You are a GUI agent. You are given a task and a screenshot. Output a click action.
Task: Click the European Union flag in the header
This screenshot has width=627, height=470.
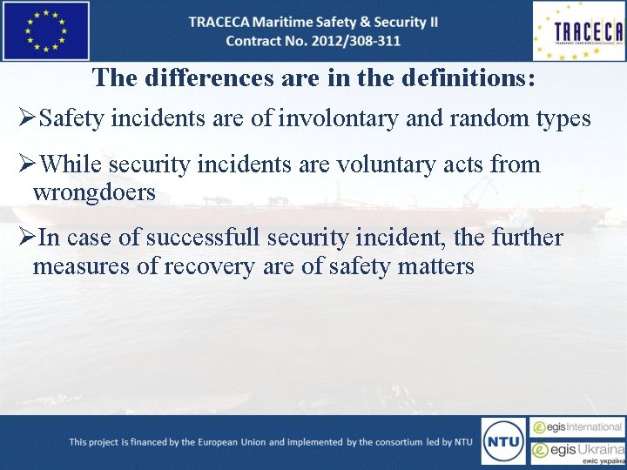pos(46,30)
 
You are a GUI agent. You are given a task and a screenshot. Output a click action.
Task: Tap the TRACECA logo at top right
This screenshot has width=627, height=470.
pos(578,31)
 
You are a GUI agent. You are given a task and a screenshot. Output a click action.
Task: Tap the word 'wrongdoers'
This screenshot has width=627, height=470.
pos(94,192)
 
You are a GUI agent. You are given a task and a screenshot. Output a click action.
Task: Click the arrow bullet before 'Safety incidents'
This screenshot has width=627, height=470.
pos(28,118)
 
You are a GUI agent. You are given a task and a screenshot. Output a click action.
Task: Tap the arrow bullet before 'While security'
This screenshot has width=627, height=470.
pos(28,164)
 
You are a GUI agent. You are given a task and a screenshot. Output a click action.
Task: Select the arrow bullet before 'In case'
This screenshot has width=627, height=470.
pos(28,238)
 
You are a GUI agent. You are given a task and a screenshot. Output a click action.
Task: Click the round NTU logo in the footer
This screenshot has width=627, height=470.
pos(503,442)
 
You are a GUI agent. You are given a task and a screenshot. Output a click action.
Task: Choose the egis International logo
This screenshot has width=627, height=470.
pos(578,427)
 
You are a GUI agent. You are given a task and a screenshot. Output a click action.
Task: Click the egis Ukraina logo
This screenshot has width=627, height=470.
pos(578,452)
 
